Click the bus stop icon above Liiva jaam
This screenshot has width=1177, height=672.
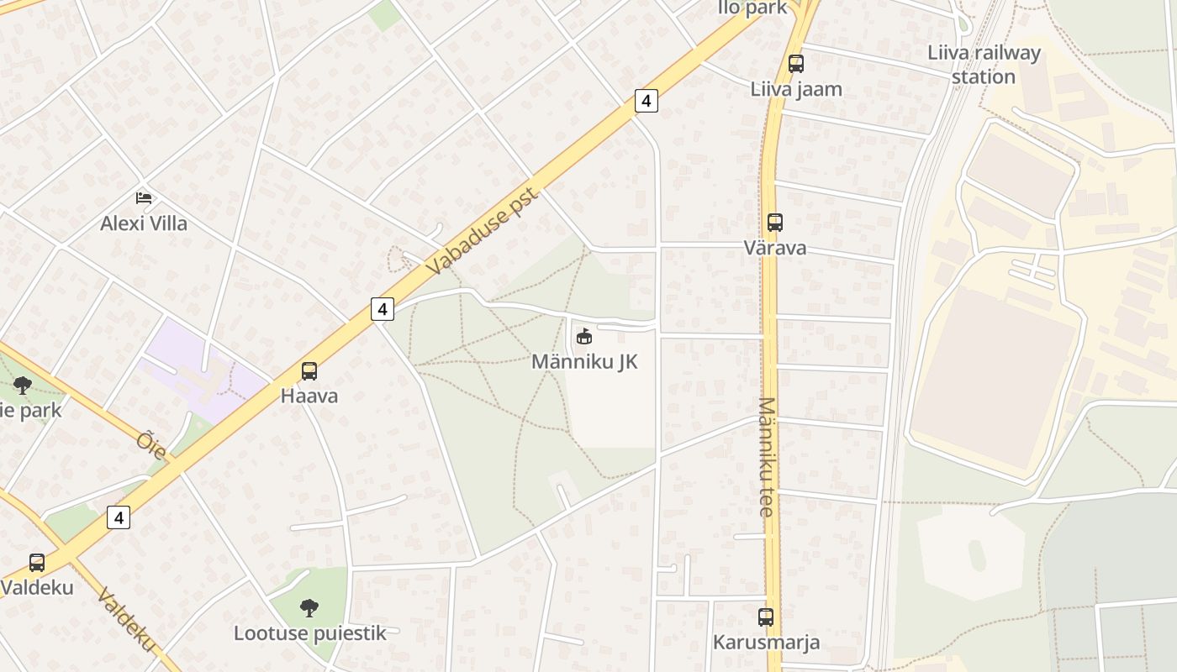[x=795, y=64]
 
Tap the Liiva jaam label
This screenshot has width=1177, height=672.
[x=795, y=89]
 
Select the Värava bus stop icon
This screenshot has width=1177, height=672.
[x=774, y=223]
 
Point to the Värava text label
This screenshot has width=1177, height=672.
[x=774, y=248]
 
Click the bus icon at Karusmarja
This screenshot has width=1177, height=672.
[x=765, y=617]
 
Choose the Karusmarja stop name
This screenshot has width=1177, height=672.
[x=765, y=643]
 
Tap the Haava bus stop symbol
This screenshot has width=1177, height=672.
[x=309, y=371]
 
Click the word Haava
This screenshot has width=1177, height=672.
[x=309, y=396]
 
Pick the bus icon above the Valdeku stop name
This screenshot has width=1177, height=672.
[x=37, y=563]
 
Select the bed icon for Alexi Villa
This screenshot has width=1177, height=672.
[x=144, y=198]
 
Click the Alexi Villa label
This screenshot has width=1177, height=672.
[x=144, y=223]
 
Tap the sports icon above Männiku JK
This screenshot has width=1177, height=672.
[x=583, y=337]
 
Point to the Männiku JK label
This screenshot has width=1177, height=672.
[x=584, y=362]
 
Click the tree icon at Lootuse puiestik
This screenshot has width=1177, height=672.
[x=309, y=607]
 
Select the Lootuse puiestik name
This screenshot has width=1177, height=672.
[x=309, y=633]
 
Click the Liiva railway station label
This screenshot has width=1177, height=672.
[x=984, y=65]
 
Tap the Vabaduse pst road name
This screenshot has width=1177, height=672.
[x=482, y=231]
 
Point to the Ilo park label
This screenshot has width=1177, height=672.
[x=752, y=8]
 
